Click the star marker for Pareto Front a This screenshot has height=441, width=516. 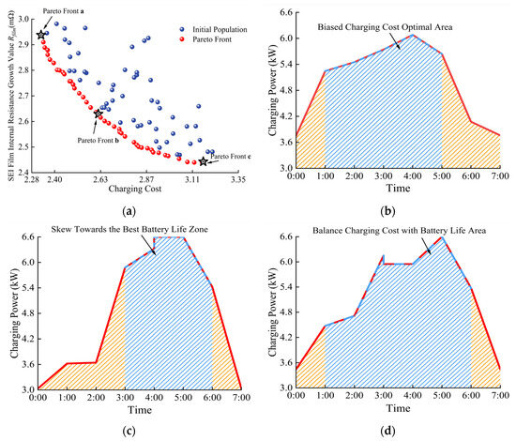pyautogui.click(x=41, y=35)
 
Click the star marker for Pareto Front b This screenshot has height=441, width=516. pyautogui.click(x=99, y=114)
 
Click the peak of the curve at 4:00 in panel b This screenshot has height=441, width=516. pyautogui.click(x=414, y=35)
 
